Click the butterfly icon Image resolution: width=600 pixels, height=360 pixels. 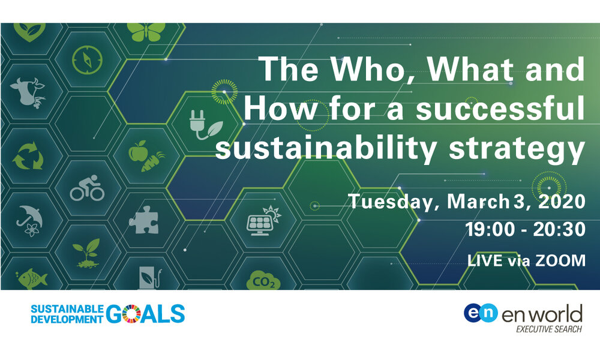[146, 31]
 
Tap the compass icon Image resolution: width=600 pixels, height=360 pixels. [87, 60]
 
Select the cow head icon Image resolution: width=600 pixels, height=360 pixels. [27, 92]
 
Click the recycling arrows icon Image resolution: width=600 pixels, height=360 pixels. [28, 156]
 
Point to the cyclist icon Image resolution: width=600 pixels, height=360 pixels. [87, 188]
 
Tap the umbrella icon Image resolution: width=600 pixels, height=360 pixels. [29, 221]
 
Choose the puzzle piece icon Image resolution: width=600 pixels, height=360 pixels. [144, 220]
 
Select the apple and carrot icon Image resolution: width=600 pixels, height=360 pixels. [146, 156]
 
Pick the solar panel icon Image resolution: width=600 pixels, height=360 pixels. [263, 221]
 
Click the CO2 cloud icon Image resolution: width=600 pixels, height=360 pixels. [263, 281]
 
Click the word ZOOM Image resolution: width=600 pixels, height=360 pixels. [560, 260]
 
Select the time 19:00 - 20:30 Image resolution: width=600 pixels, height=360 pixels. [526, 230]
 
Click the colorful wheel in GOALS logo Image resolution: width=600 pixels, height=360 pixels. [133, 314]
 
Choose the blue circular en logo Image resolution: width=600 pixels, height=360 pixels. [481, 313]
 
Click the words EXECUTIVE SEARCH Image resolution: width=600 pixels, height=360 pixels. [549, 329]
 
